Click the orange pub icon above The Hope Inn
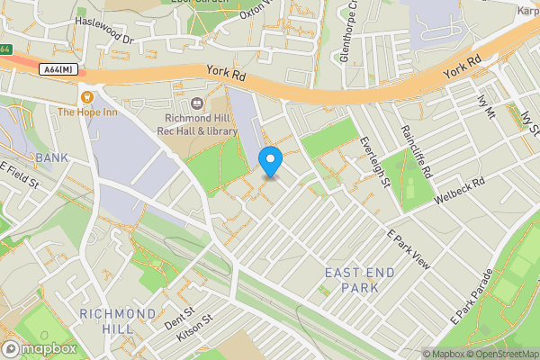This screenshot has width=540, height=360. coord(87,96)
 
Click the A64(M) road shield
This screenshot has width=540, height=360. coord(58,69)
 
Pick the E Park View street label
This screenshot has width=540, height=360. coord(409,249)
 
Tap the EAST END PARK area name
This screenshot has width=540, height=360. coord(353,279)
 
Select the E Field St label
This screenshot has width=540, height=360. coord(21,175)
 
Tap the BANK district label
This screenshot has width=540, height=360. coord(51,157)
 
